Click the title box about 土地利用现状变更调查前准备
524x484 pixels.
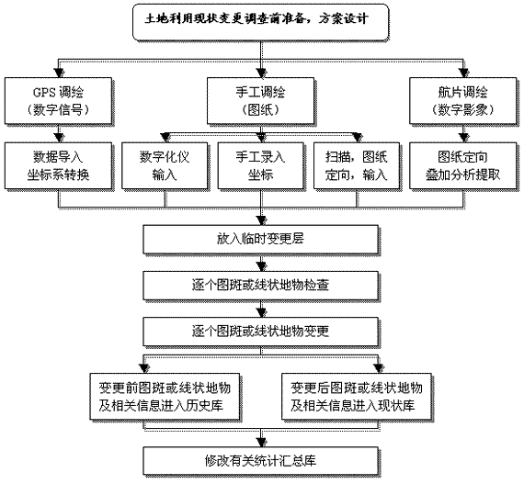coord(261,22)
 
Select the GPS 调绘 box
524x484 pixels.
coord(58,101)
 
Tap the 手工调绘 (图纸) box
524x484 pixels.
coord(260,101)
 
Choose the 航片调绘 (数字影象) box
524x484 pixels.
coord(462,101)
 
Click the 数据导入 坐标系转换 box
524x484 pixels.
coord(58,165)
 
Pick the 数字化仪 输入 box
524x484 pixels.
coord(165,165)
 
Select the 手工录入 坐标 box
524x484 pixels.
coord(261,165)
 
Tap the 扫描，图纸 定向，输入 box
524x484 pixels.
coord(357,165)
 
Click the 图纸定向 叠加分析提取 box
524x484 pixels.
coord(462,165)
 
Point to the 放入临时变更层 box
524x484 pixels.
coord(261,240)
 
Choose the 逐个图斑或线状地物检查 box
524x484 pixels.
coord(261,286)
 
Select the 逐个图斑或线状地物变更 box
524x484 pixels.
coord(261,332)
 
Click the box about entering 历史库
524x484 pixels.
coord(165,397)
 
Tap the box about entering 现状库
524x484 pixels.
coord(357,397)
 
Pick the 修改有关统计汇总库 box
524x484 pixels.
coord(261,461)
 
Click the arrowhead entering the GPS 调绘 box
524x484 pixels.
coord(59,73)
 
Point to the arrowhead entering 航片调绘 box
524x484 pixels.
coord(464,73)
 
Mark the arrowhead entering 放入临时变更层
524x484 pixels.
coord(262,220)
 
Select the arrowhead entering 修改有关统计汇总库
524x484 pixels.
coord(262,443)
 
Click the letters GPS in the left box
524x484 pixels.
coord(44,92)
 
